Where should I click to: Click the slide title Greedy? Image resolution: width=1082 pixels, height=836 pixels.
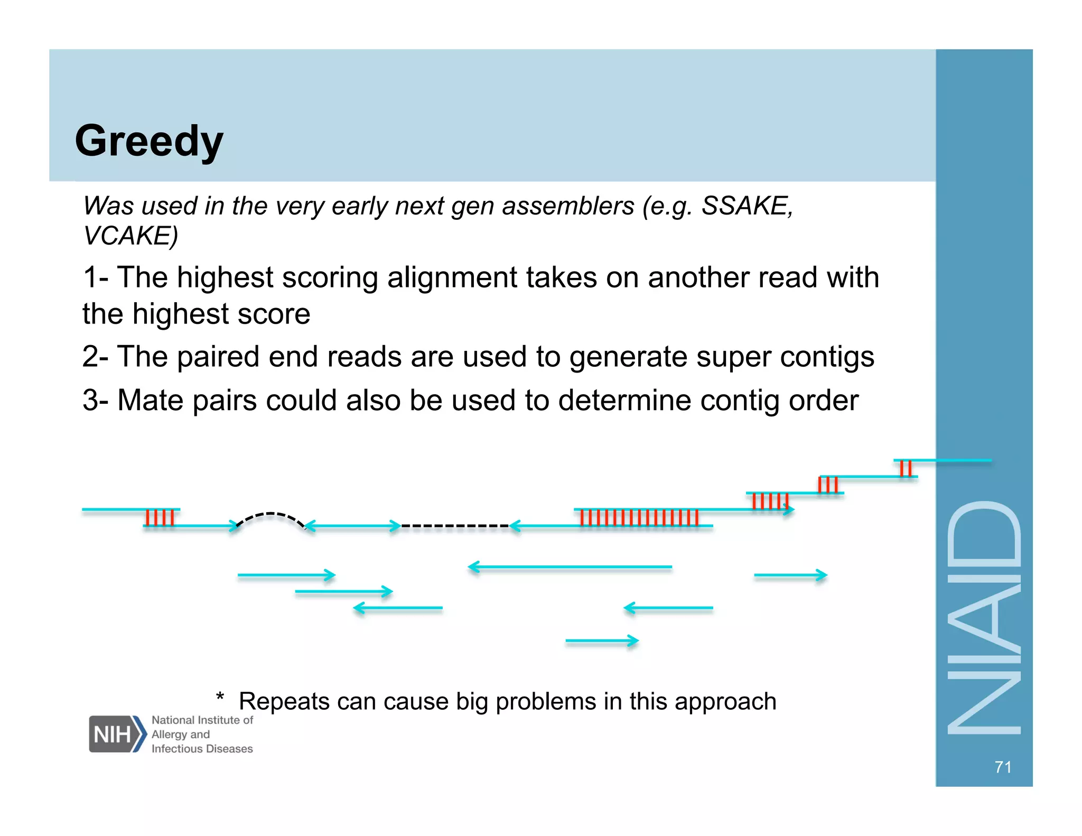tap(149, 141)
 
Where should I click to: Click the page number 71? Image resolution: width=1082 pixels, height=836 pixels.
tap(1002, 767)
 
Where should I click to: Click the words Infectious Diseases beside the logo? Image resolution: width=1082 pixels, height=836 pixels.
tap(202, 749)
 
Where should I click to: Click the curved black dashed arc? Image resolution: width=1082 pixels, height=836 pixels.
tap(270, 515)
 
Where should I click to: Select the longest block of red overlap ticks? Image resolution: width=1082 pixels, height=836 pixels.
tap(639, 518)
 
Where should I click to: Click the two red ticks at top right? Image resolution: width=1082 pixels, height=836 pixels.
tap(906, 469)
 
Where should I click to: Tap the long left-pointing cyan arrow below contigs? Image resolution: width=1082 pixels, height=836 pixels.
tap(570, 567)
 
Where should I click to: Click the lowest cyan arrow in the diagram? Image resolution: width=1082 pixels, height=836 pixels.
tap(602, 641)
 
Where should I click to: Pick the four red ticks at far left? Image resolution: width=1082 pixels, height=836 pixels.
tap(159, 518)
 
